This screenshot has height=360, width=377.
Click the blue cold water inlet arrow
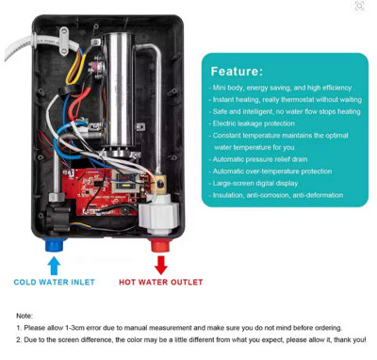point(53,265)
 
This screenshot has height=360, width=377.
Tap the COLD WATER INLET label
point(53,282)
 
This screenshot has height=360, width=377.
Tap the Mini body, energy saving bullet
point(283,86)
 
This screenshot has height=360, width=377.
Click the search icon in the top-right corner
point(359,7)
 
